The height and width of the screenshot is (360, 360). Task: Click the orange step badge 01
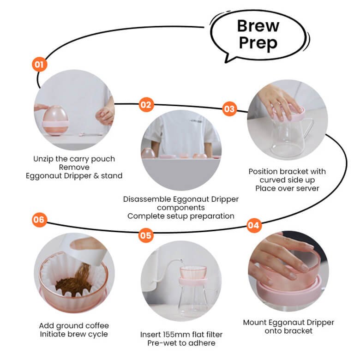40,64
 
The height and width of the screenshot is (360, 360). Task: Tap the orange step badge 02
146,105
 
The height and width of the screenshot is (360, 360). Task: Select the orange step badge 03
229,108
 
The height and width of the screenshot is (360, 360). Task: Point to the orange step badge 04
253,225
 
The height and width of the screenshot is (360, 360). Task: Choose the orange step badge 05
146,235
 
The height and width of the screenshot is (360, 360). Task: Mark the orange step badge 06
39,220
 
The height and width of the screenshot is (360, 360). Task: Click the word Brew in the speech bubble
258,26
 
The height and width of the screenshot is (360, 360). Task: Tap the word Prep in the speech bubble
258,43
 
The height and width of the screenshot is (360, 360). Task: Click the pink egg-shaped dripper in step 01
55,120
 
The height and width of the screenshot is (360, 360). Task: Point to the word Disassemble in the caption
147,199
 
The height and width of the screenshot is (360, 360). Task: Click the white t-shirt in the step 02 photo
181,133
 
